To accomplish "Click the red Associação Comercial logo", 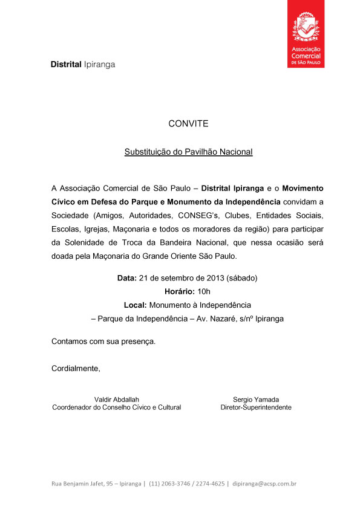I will [x=306, y=34].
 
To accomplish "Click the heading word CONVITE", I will [x=188, y=123].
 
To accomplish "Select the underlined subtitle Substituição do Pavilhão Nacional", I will [x=188, y=152].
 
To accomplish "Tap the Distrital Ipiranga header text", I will [x=82, y=64].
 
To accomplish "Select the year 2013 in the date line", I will [x=214, y=278].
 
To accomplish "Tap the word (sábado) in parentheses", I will [x=242, y=278].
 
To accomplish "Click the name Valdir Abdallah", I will [x=117, y=399].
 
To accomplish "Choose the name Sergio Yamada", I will [x=255, y=399].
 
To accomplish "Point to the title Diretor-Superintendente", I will [x=255, y=407].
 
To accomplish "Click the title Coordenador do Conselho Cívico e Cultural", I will [x=117, y=407].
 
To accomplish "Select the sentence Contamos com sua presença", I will [x=103, y=341].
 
